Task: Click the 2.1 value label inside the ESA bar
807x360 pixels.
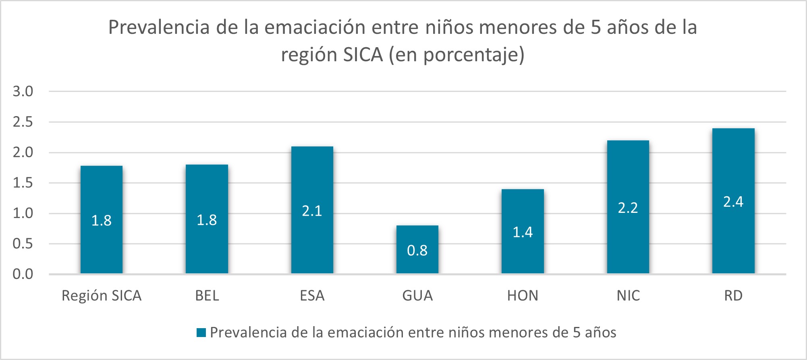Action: click(x=312, y=211)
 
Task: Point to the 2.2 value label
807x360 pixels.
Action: click(x=628, y=208)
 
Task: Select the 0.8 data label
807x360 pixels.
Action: click(x=417, y=250)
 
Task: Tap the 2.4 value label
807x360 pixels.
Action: click(x=733, y=202)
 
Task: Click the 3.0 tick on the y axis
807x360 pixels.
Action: click(x=23, y=92)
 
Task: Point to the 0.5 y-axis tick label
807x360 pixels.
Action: click(x=23, y=244)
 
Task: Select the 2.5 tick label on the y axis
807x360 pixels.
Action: click(x=23, y=122)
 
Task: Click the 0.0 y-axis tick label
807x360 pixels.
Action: click(x=23, y=275)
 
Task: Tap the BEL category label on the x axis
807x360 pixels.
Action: click(x=207, y=296)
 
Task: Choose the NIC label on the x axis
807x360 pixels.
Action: click(x=628, y=296)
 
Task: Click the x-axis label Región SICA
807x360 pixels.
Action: click(x=102, y=296)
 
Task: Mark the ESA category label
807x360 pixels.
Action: click(x=312, y=296)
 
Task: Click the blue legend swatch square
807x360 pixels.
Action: click(x=201, y=333)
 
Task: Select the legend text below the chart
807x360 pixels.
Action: click(x=413, y=333)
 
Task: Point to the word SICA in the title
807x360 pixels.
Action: click(x=362, y=55)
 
